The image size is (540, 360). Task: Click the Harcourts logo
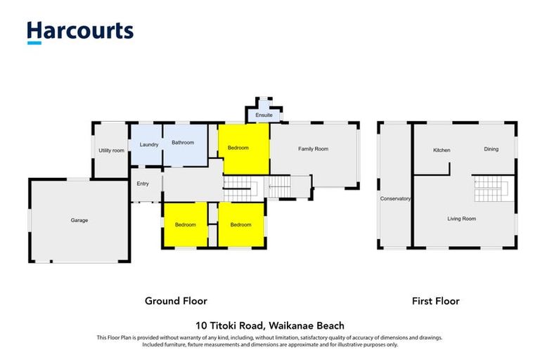coord(79,32)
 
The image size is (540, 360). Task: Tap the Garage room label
coord(79,220)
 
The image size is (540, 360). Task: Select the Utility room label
coord(111,150)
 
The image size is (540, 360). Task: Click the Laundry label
coord(148,145)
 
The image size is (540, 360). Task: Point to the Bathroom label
coord(183,143)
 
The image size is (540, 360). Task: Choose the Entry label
coord(143,184)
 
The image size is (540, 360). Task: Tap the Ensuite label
coord(264,115)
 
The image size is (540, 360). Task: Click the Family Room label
coord(313,148)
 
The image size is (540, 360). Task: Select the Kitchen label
coord(442,150)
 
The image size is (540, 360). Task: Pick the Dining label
coord(491,148)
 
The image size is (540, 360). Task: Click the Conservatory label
coord(395,199)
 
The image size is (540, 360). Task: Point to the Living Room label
coord(461,219)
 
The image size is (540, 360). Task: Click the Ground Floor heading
coord(176,301)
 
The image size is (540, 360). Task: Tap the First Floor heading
coord(435,301)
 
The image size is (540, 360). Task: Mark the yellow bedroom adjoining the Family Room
coord(243,148)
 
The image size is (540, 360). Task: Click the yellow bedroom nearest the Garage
coord(185,224)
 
